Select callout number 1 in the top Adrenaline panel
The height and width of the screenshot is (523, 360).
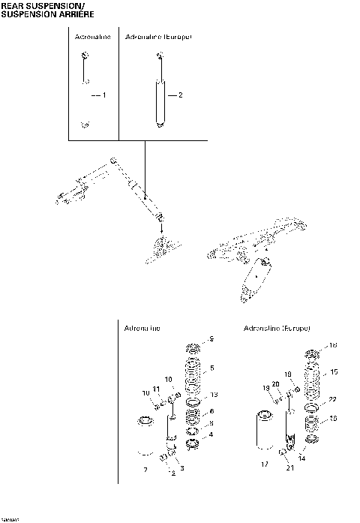[x=104, y=96]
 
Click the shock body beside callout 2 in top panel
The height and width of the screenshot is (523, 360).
[x=160, y=101]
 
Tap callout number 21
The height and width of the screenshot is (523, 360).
[x=290, y=469]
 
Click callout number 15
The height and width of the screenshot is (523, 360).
[x=334, y=371]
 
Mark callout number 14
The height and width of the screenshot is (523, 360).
[x=301, y=457]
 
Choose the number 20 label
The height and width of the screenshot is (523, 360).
[x=275, y=384]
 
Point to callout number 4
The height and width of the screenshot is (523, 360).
[x=212, y=434]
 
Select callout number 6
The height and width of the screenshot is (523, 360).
[x=212, y=411]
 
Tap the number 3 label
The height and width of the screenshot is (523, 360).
[x=180, y=469]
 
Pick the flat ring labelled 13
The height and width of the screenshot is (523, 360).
[x=193, y=400]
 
